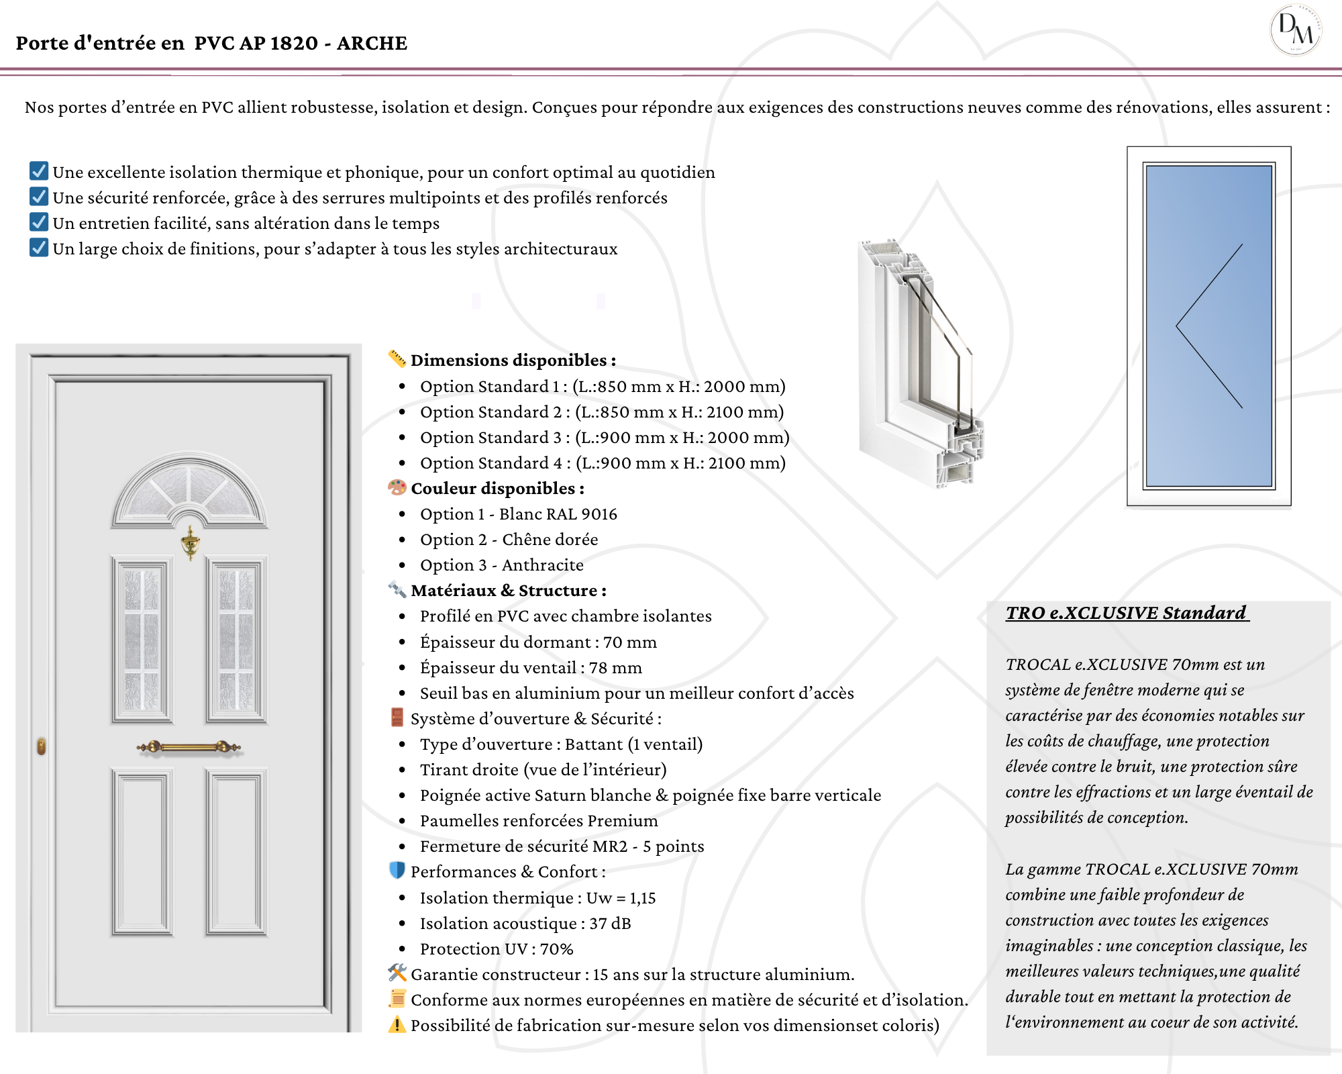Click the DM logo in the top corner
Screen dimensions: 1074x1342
[x=1295, y=30]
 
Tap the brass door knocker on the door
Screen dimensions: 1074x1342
[x=191, y=542]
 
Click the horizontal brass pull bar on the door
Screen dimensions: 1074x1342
[x=189, y=746]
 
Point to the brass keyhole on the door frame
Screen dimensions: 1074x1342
[x=42, y=746]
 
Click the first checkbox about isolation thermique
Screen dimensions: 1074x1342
[x=39, y=171]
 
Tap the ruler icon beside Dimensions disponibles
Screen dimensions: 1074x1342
[x=397, y=359]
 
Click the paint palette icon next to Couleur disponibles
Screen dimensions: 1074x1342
[x=397, y=487]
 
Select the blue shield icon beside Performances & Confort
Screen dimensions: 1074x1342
[x=397, y=871]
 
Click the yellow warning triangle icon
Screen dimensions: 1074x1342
[x=397, y=1025]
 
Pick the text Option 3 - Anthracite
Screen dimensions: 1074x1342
[x=501, y=565]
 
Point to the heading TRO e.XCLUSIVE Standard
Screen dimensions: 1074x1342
[x=1127, y=613]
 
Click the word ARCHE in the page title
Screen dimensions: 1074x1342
[x=372, y=44]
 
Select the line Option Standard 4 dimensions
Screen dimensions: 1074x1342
[x=602, y=463]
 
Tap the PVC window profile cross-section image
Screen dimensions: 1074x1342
[x=919, y=362]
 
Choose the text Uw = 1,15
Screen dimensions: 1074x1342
[x=621, y=898]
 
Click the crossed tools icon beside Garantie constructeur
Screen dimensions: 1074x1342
[x=397, y=973]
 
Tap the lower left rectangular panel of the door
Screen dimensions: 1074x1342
[x=142, y=852]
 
